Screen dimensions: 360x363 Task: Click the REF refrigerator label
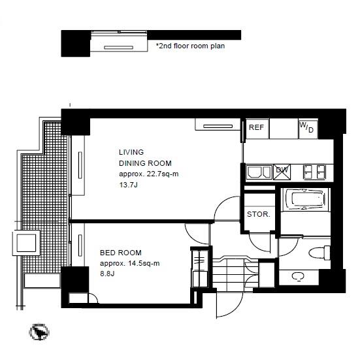pos(256,127)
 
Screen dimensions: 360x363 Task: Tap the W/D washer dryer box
pos(308,129)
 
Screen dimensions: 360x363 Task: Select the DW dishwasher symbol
pos(282,172)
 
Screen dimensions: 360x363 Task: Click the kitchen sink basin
pos(259,172)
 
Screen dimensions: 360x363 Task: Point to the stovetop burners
pos(315,172)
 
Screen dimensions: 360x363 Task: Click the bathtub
pos(306,200)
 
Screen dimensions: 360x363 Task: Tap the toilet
pos(319,253)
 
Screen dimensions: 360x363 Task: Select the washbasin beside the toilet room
pos(298,276)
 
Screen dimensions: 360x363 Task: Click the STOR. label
pos(259,214)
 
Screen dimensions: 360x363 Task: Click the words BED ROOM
pos(121,253)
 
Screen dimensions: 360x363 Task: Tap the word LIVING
pos(131,152)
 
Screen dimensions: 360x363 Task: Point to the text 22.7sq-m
pos(163,174)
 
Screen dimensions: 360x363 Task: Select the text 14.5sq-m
pos(144,263)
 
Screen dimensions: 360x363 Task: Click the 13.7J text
pos(128,185)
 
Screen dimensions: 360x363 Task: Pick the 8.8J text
pos(107,274)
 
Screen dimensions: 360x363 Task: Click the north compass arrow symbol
pos(39,332)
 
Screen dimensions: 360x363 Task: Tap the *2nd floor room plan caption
pos(190,46)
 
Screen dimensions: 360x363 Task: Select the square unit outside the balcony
pos(26,242)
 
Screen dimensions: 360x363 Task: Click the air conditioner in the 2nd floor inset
pos(119,48)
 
